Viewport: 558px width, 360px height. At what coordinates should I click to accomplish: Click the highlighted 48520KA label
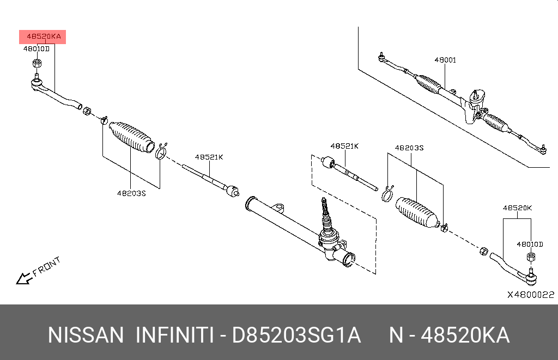click(x=43, y=37)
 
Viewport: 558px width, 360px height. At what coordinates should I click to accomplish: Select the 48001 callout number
click(x=445, y=60)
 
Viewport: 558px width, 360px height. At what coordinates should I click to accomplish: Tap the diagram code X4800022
click(x=530, y=295)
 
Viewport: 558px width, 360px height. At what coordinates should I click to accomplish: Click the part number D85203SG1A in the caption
click(x=296, y=335)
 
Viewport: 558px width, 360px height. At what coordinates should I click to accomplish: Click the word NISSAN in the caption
click(x=86, y=335)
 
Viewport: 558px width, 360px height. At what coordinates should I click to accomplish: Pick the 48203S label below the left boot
click(x=131, y=193)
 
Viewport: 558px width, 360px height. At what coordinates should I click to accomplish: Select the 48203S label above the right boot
click(x=409, y=148)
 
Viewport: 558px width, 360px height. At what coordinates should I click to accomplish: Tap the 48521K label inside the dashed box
click(x=344, y=146)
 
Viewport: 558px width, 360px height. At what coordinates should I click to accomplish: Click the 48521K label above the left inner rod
click(x=209, y=157)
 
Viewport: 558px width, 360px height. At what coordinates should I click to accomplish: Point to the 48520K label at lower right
click(x=517, y=208)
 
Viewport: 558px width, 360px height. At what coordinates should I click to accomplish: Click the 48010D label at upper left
click(x=36, y=48)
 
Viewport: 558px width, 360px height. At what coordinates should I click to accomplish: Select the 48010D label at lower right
click(x=530, y=245)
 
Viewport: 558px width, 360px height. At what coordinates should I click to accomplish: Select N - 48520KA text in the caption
click(x=449, y=335)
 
